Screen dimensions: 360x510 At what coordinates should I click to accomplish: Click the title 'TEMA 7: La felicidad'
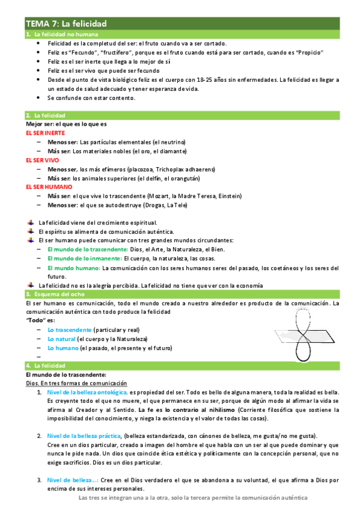pyautogui.click(x=66, y=23)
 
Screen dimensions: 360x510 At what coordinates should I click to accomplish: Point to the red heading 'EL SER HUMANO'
pyautogui.click(x=48, y=187)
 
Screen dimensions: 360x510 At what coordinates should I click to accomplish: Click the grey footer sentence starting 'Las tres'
pyautogui.click(x=193, y=499)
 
